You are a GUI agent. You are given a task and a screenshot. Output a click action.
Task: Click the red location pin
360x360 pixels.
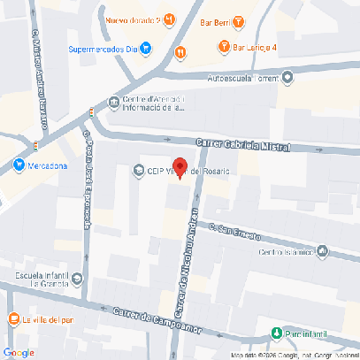point(179,167)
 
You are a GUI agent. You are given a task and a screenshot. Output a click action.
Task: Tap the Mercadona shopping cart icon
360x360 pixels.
point(19,165)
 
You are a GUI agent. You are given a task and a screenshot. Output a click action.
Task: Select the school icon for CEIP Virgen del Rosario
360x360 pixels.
point(138,171)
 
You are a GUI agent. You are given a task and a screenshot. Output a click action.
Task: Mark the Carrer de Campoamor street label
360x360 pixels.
point(157,321)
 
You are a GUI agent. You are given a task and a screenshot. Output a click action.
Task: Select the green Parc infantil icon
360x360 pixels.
point(276,333)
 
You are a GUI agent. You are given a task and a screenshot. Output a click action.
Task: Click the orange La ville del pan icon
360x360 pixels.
point(12,319)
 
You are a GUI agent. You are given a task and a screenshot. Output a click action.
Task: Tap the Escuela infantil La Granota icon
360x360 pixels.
point(77,280)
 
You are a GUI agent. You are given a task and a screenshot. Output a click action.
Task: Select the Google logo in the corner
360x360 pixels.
point(19,351)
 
